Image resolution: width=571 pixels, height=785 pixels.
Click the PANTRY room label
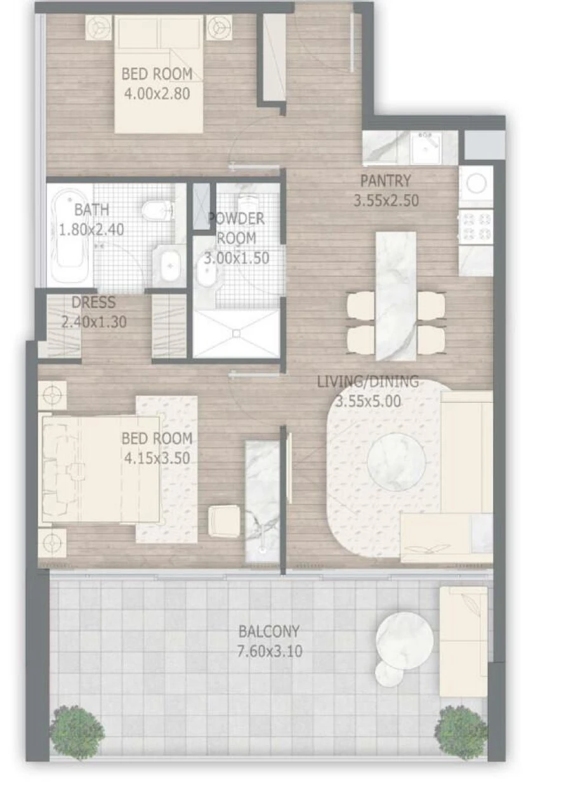pos(386,180)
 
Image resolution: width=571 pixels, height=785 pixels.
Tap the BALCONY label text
pos(269,631)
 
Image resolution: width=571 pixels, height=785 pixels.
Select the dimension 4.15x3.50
pos(156,458)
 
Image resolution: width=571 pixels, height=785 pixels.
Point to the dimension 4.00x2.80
pos(156,95)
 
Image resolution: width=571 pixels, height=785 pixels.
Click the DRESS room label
pos(93,303)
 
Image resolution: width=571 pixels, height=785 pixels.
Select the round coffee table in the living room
pos(396,461)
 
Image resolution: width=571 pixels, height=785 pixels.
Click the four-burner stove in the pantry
pos(476,227)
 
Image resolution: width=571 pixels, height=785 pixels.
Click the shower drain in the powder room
pos(235,333)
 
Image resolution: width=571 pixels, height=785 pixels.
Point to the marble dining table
pos(396,295)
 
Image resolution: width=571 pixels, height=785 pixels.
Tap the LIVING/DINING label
pos(368,381)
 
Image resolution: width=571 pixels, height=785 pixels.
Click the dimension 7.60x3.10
pos(269,650)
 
